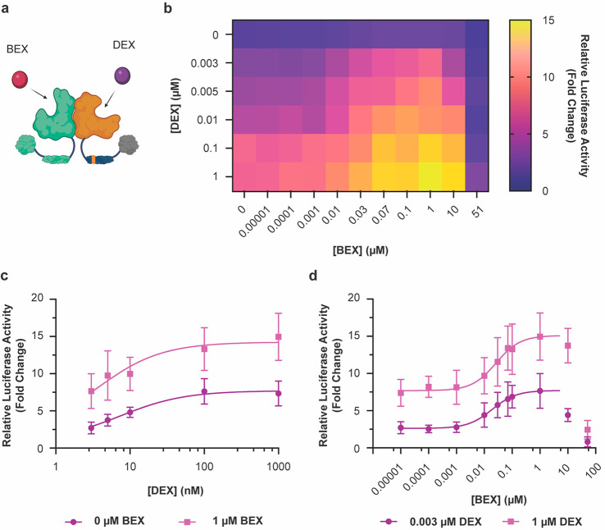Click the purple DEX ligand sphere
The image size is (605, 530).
point(121,78)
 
